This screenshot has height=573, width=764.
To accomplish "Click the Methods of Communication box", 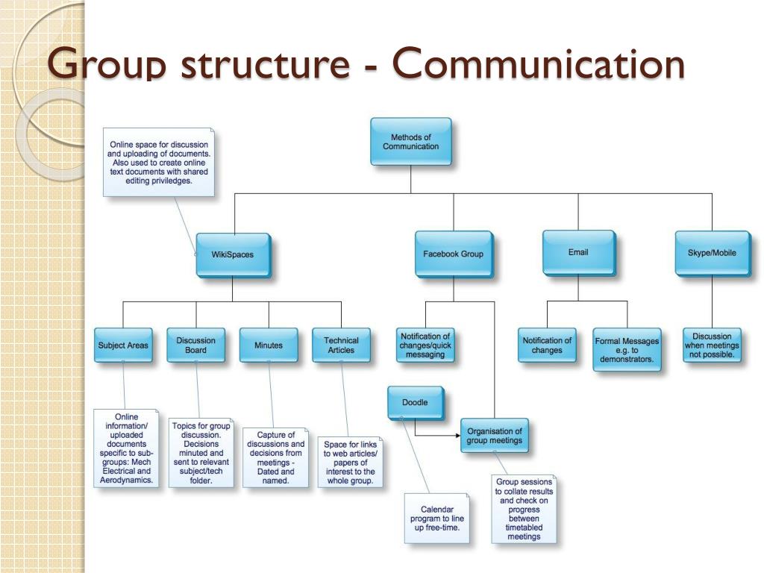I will [410, 142].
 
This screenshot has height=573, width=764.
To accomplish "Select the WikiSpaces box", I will [233, 254].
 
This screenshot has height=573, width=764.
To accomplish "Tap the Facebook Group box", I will [453, 254].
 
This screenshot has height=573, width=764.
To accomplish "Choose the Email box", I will [578, 253].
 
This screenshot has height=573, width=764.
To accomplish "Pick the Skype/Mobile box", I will [712, 253].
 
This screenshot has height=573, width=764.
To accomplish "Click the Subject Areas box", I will [123, 345].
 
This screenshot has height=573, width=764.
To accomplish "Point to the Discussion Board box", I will [195, 345].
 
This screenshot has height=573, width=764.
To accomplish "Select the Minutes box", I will [269, 345].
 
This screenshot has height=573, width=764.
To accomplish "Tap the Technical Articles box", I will [341, 345].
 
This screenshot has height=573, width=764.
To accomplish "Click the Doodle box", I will [415, 403].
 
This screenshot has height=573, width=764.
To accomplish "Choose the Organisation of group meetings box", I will [494, 436].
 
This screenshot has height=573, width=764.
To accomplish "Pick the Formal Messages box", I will [627, 349].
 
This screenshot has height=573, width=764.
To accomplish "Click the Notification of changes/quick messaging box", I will [425, 345].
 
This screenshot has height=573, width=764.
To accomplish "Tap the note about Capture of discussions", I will [275, 457].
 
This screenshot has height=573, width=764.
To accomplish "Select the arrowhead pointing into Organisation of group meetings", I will [456, 435].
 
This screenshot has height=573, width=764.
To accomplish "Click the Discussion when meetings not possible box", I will [712, 345].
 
